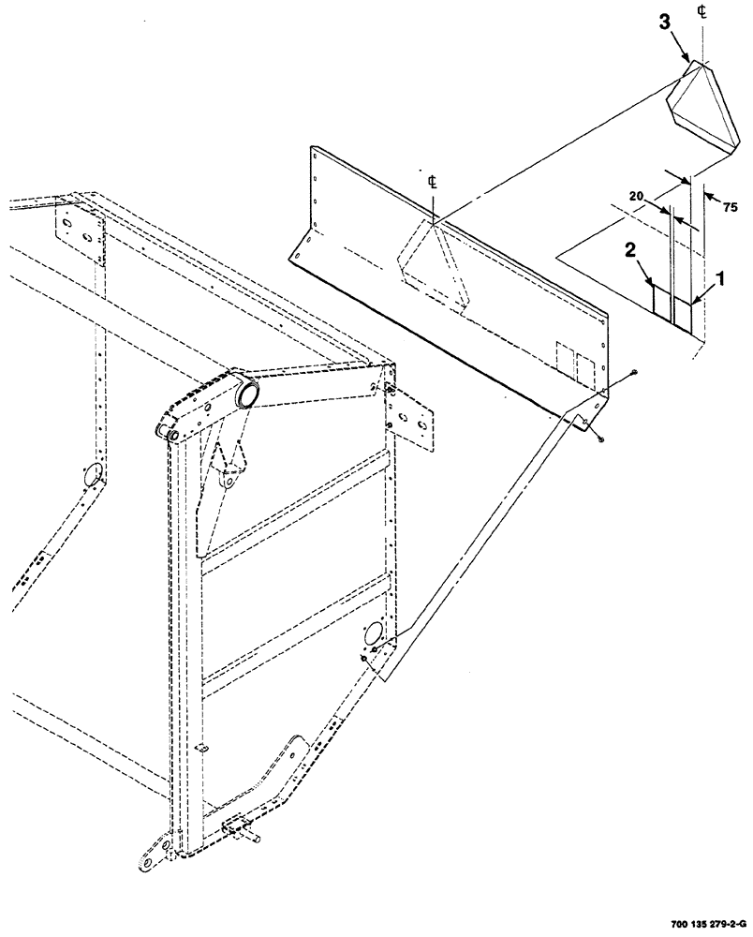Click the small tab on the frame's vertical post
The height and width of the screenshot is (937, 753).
(200, 748)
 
